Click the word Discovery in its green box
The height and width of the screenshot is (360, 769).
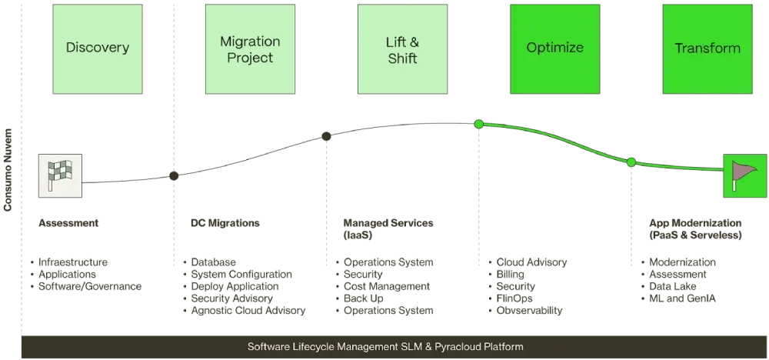coord(97,48)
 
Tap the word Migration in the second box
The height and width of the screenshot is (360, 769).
coord(250,41)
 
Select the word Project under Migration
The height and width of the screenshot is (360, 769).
coord(250,58)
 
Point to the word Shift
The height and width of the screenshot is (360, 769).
coord(402,58)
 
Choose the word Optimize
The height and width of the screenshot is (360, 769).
coord(554,48)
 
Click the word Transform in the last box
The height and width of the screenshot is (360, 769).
coord(707,48)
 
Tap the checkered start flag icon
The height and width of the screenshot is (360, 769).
coord(62,176)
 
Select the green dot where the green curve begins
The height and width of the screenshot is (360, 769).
coord(478,124)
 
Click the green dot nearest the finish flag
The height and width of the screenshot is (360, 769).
coord(631,162)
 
